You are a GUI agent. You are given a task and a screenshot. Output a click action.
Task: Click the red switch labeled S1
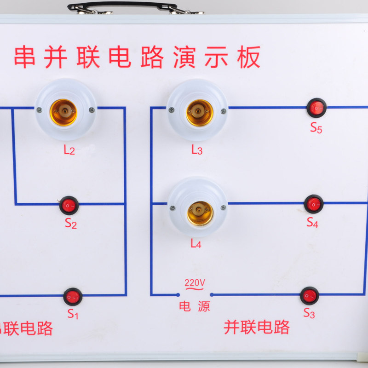tap(73, 297)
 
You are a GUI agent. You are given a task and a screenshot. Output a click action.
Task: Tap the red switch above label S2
tap(69, 205)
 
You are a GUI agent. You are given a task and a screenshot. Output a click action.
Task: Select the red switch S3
tap(309, 296)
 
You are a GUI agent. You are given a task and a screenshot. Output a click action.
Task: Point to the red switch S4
tap(314, 204)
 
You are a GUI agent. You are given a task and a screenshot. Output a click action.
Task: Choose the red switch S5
tap(316, 108)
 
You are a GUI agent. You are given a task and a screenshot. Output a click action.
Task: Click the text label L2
tap(69, 149)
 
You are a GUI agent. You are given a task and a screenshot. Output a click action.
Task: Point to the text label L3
tap(197, 150)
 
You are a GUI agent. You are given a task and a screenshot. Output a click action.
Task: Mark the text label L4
tap(196, 244)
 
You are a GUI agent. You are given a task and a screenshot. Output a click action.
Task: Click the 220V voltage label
tap(195, 282)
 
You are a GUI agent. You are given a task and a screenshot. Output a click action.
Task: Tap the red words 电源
tap(195, 307)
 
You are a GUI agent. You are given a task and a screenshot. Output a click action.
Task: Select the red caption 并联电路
tap(257, 327)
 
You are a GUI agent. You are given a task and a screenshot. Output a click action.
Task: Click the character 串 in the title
tap(25, 57)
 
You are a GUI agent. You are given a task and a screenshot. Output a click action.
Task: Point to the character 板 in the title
tap(249, 57)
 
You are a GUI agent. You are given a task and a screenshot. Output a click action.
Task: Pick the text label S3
tap(309, 314)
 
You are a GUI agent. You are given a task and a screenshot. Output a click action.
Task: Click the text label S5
tap(316, 128)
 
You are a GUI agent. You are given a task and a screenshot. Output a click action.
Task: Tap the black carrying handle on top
tap(122, 6)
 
